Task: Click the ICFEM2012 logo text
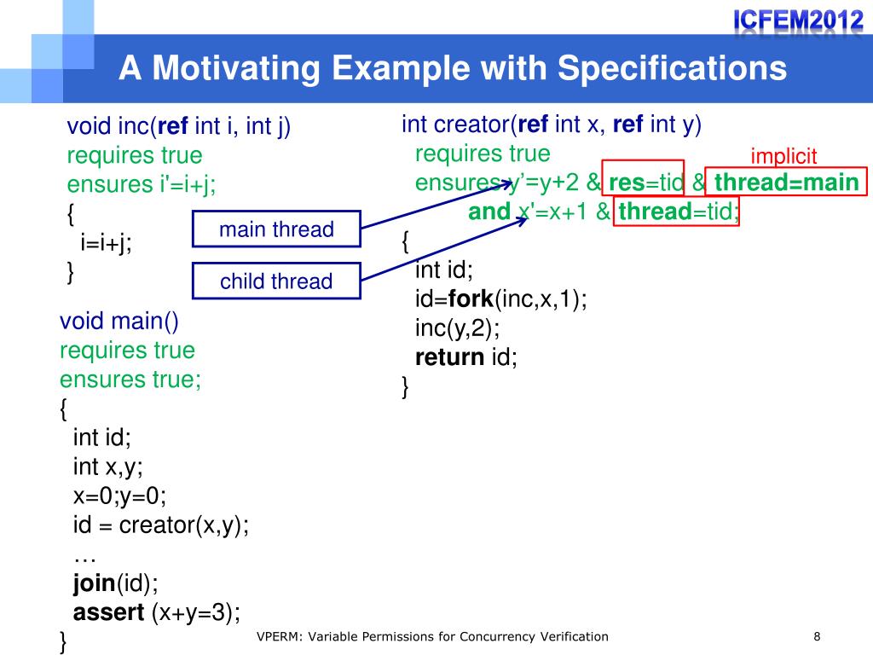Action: (x=798, y=18)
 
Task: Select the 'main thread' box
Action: (x=276, y=229)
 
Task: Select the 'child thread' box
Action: (x=276, y=281)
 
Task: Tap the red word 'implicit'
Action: (x=783, y=156)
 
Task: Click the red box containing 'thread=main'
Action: (x=787, y=183)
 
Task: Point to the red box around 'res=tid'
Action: (x=644, y=183)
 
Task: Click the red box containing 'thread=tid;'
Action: (x=678, y=212)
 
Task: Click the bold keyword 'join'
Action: (x=94, y=583)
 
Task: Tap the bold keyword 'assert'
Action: (x=109, y=612)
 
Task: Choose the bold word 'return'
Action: (x=450, y=356)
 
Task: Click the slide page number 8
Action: (x=817, y=636)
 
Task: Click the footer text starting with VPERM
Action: (x=432, y=636)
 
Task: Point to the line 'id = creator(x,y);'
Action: (x=161, y=525)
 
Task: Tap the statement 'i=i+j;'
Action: (x=106, y=244)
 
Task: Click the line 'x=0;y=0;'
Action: (x=120, y=496)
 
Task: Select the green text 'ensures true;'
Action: (x=130, y=380)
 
